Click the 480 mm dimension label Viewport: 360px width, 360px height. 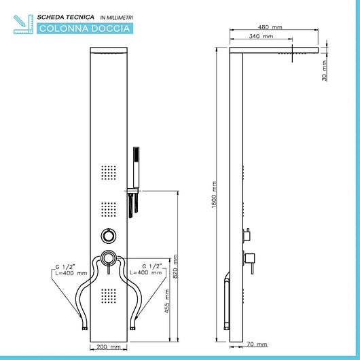point(270,27)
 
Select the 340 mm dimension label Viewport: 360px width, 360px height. point(262,36)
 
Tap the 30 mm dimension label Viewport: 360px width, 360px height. point(324,71)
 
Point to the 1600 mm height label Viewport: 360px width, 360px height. point(214,195)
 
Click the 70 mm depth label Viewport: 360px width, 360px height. point(257,344)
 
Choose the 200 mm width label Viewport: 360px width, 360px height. point(109,346)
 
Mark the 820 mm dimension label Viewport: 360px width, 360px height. point(175,266)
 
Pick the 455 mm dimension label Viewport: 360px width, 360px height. point(167,301)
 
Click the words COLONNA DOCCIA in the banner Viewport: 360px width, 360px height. point(85,29)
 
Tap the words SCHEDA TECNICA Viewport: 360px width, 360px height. point(66,17)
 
